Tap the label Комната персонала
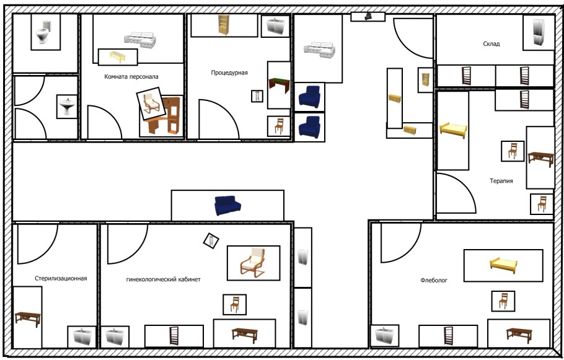(131, 77)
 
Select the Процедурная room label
(229, 72)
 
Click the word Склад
(491, 44)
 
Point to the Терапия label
(501, 181)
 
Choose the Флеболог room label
(434, 280)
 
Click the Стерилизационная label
(61, 278)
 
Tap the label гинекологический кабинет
(164, 279)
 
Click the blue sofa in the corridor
(227, 205)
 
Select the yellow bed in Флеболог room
(503, 265)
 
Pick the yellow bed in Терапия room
(453, 130)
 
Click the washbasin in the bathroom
(68, 107)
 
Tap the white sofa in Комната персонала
(140, 39)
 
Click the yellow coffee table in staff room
(118, 56)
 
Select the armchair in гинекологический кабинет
(253, 263)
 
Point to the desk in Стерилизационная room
(28, 318)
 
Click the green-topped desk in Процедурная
(279, 86)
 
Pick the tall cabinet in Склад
(539, 32)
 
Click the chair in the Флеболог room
(503, 301)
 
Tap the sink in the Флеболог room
(384, 336)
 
